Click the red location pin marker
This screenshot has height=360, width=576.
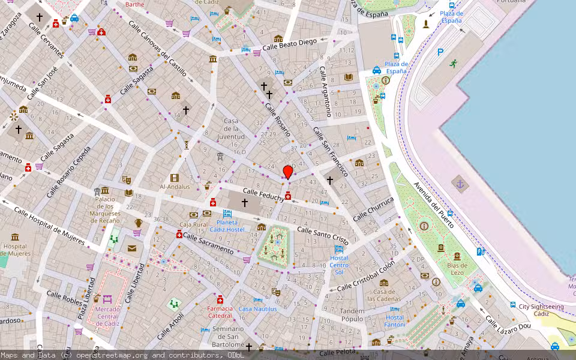pos(288,172)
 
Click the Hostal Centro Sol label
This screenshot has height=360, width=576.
pos(339,265)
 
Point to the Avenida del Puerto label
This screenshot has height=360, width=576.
pos(434,199)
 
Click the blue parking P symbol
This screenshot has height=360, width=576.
pos(440,53)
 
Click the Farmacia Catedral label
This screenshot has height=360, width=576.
pos(220,311)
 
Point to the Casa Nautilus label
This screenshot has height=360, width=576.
pos(257,308)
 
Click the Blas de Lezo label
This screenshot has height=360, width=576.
pos(457,269)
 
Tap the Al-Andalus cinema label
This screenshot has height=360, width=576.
pos(175,186)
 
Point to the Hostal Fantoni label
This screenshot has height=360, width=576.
pos(395,321)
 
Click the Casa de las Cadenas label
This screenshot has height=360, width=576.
pos(383,295)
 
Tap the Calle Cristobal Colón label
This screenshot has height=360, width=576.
pos(365,275)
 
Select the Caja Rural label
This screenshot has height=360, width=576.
pos(193,224)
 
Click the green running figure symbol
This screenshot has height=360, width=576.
pos(452,63)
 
